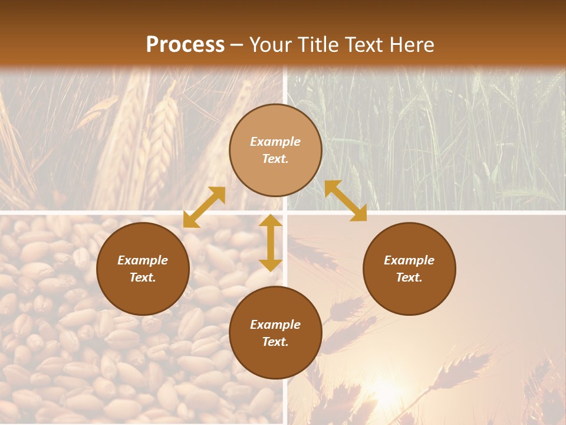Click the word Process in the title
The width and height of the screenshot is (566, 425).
coord(185,45)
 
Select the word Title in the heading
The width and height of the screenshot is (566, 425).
coord(319,45)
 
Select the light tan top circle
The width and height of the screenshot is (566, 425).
coord(275,150)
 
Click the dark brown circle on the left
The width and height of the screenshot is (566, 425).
coord(143,269)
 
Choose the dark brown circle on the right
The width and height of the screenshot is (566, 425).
coord(409,269)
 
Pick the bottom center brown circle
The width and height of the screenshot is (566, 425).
coord(275,333)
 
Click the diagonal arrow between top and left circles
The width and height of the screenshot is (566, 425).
coord(204,207)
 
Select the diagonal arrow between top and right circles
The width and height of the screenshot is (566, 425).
coord(345,201)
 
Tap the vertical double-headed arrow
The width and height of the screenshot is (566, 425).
coord(271,243)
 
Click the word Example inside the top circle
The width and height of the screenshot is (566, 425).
coord(275,142)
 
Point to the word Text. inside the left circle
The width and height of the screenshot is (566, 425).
coord(143,277)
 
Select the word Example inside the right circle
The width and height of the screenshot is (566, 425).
coord(409,260)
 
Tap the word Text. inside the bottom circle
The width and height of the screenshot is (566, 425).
coord(275,342)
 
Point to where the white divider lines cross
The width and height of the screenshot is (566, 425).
coord(285,211)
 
